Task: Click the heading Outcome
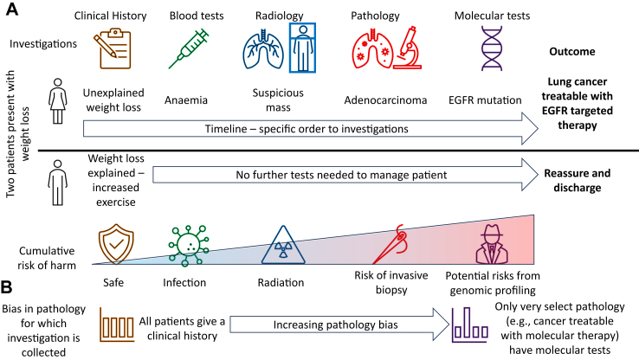pyautogui.click(x=574, y=52)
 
